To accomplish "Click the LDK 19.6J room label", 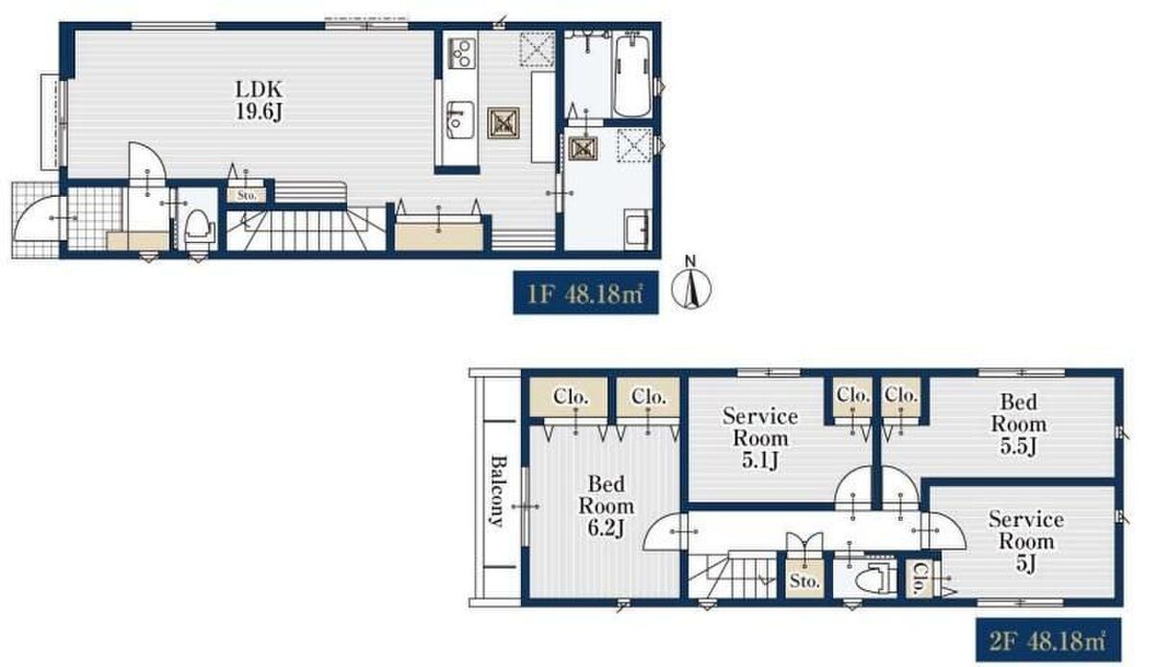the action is [258, 101].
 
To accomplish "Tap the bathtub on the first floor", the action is [631, 76].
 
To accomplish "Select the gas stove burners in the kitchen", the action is [461, 53].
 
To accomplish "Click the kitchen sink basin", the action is [459, 119].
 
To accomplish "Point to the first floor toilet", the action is [198, 227].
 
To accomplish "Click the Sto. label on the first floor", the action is [247, 196].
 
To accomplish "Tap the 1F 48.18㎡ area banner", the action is [586, 292].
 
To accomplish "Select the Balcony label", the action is [497, 491].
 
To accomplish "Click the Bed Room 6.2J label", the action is [606, 506].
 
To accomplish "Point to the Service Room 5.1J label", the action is [760, 438].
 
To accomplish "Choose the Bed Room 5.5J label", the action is [1018, 424].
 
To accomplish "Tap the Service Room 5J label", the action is [1026, 541].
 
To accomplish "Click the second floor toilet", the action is [872, 579].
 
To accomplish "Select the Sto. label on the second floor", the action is [804, 581].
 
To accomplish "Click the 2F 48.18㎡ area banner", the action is [1048, 640].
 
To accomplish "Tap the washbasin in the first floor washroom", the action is [637, 229].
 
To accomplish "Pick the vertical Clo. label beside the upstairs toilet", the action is [918, 579].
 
